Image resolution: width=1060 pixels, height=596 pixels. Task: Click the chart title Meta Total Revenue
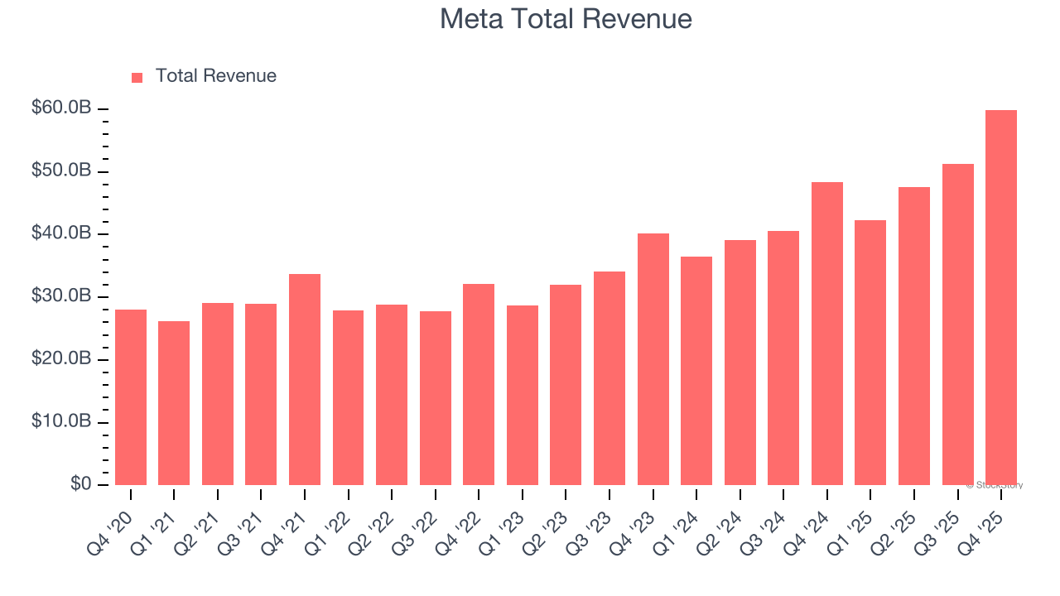click(x=566, y=18)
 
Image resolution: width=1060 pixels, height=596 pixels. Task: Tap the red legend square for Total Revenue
click(x=137, y=77)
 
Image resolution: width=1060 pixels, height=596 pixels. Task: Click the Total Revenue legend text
click(x=215, y=76)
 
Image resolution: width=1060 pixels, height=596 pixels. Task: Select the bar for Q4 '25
click(x=1001, y=298)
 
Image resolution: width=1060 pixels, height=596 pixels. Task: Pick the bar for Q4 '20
click(x=131, y=397)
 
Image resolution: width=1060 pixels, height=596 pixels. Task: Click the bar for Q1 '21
click(x=174, y=403)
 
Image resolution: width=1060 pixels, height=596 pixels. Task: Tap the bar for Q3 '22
click(x=436, y=398)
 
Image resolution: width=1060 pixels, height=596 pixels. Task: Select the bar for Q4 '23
click(x=653, y=359)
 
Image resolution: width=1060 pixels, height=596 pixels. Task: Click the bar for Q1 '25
click(x=870, y=353)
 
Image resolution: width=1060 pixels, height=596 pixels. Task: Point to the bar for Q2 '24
click(x=740, y=363)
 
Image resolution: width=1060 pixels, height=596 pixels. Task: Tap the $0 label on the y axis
click(x=81, y=484)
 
